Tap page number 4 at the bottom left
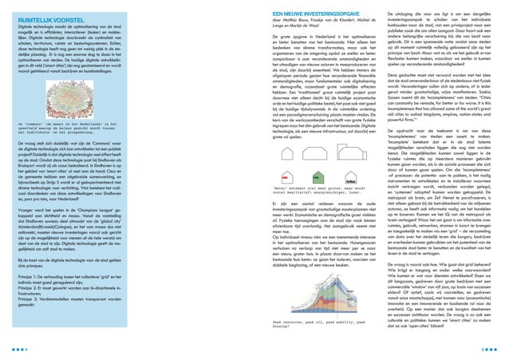(x=18, y=348)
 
